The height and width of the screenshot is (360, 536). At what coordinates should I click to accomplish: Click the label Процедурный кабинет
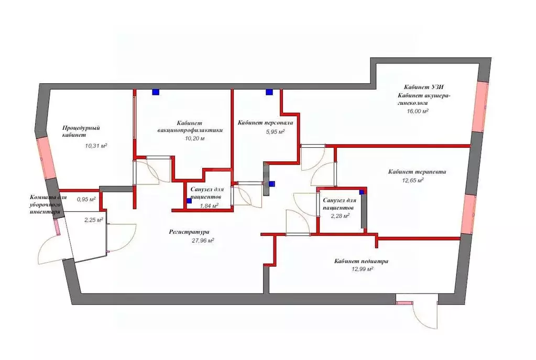(x=81, y=131)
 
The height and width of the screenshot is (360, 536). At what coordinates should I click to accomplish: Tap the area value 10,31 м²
(x=96, y=146)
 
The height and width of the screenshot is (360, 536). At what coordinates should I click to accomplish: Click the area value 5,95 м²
(x=275, y=132)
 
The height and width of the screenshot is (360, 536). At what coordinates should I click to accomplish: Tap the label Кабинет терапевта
(x=417, y=171)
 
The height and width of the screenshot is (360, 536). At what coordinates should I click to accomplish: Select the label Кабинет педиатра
(x=362, y=261)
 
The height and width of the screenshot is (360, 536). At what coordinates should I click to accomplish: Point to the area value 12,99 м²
(x=362, y=269)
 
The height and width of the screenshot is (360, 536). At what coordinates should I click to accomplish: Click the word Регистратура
(x=189, y=232)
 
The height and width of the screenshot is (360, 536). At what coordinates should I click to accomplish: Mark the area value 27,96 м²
(x=203, y=241)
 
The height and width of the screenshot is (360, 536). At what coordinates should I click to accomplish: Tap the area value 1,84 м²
(x=209, y=205)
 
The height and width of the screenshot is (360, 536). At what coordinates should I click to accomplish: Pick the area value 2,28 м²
(x=340, y=215)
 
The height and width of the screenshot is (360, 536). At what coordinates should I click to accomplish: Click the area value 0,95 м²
(x=86, y=199)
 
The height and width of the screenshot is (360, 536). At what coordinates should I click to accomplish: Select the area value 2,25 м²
(x=94, y=220)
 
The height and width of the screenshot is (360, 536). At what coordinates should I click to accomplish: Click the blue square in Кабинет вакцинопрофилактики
(x=156, y=92)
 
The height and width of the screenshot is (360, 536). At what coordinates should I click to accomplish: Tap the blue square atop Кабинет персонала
(x=269, y=92)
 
